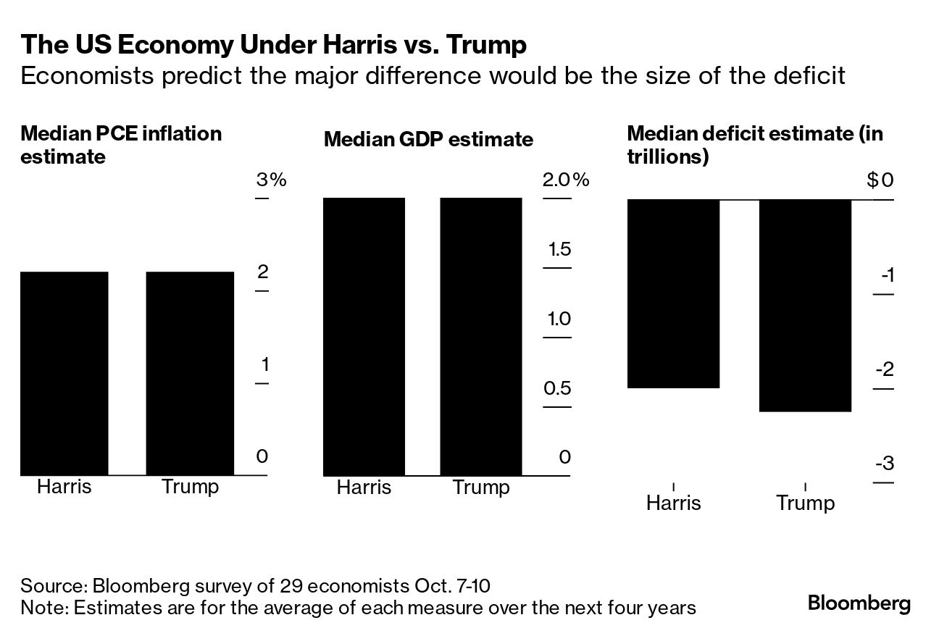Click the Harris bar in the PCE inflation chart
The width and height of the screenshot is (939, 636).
pyautogui.click(x=64, y=373)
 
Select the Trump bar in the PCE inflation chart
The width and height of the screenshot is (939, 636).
pyautogui.click(x=190, y=373)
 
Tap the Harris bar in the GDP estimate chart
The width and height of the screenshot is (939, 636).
pyautogui.click(x=364, y=336)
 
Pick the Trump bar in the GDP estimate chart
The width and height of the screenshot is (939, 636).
pyautogui.click(x=481, y=336)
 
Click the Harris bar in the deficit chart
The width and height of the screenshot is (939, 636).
pyautogui.click(x=673, y=293)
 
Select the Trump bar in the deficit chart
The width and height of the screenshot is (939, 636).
pyautogui.click(x=805, y=305)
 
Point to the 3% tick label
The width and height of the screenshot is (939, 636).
pyautogui.click(x=271, y=180)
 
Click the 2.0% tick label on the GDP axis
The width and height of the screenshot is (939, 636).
pyautogui.click(x=566, y=180)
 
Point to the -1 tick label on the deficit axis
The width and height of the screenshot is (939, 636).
pyautogui.click(x=886, y=275)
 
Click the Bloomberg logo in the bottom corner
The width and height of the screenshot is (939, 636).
pyautogui.click(x=859, y=603)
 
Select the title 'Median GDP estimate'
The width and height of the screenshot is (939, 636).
pyautogui.click(x=428, y=139)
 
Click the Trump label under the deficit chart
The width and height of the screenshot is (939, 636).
pyautogui.click(x=805, y=503)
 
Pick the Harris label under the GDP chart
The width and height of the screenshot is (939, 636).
pyautogui.click(x=364, y=487)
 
